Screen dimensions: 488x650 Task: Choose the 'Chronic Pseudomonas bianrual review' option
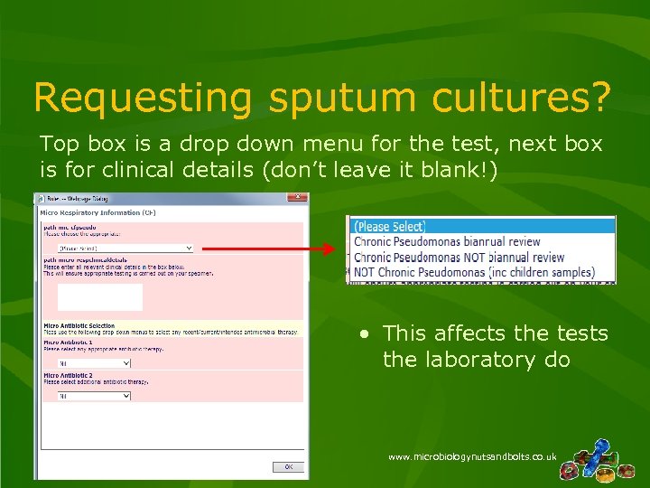point(447,241)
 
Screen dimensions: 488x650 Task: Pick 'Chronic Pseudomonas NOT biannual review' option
point(459,257)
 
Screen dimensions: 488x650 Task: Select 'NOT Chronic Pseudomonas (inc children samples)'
point(474,272)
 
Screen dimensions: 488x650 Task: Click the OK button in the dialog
point(288,467)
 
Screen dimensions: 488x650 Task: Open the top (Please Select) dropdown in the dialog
point(125,248)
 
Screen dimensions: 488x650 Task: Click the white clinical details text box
point(99,297)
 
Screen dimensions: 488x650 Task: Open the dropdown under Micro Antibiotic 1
point(94,363)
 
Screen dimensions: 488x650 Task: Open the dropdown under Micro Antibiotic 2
point(94,396)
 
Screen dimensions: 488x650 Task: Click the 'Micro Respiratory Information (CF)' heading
point(91,212)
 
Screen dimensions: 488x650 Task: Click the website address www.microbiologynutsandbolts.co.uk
point(471,458)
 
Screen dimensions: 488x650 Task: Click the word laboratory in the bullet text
point(462,360)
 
